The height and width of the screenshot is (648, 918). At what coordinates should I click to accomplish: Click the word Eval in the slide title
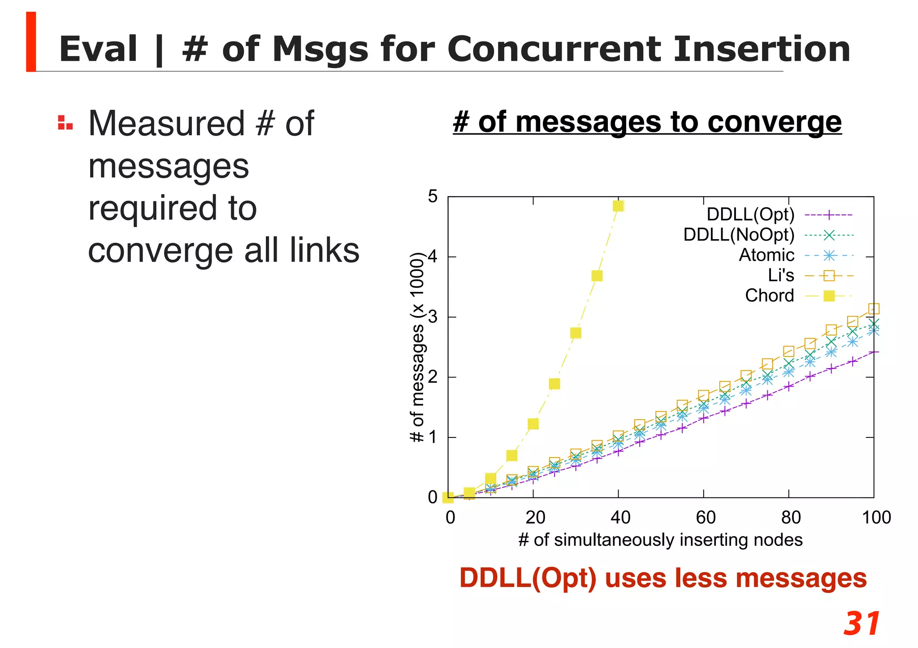98,49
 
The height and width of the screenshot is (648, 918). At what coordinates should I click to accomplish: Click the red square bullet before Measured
65,123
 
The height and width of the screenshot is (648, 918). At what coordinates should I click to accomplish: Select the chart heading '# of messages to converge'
647,122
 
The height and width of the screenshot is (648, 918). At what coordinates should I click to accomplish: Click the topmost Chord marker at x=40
619,206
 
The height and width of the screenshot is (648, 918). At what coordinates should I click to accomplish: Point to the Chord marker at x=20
533,424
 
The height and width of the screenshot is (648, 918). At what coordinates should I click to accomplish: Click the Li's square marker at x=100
874,309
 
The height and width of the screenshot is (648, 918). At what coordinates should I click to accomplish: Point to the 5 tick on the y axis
433,197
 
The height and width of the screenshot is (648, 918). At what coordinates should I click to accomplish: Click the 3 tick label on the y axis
433,317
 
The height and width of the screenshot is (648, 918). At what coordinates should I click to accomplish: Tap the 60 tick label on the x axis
705,518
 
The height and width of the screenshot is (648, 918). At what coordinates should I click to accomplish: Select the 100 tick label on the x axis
876,518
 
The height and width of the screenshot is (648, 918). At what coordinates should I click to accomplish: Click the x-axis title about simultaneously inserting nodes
660,540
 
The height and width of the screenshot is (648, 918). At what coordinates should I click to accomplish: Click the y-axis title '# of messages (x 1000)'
417,348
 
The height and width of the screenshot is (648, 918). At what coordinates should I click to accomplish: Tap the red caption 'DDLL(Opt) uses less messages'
663,578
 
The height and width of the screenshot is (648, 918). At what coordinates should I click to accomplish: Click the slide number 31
862,623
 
